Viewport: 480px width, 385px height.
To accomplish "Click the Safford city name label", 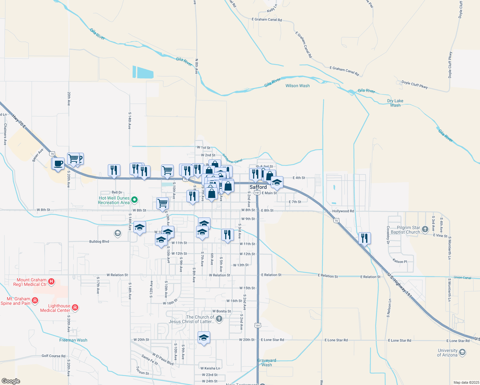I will pyautogui.click(x=258, y=187).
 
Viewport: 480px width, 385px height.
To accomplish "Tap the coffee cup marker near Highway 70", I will pyautogui.click(x=58, y=164).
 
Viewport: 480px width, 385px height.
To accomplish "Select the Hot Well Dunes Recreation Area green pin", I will pyautogui.click(x=135, y=200).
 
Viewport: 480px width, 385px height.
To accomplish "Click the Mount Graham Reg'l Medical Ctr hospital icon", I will pyautogui.click(x=51, y=282).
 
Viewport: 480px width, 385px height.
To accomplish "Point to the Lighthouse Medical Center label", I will pyautogui.click(x=55, y=308).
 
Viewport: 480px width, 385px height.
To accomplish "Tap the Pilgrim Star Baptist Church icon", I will pyautogui.click(x=425, y=229).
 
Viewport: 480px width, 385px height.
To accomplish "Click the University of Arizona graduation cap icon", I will pyautogui.click(x=462, y=353).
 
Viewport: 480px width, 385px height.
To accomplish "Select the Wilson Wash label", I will pyautogui.click(x=297, y=86).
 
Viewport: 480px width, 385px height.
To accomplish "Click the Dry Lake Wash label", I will pyautogui.click(x=395, y=103).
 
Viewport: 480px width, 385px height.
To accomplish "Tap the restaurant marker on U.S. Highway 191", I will pyautogui.click(x=364, y=238).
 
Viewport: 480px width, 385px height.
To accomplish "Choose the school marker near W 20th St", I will pyautogui.click(x=204, y=338).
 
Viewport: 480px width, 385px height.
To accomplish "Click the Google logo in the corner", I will pyautogui.click(x=11, y=381).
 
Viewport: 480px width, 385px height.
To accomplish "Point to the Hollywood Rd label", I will pyautogui.click(x=343, y=211).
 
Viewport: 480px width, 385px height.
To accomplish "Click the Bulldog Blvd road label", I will pyautogui.click(x=99, y=242).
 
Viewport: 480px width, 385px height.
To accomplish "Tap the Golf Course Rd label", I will pyautogui.click(x=53, y=356).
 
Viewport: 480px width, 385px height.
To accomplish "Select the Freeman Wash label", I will pyautogui.click(x=73, y=340).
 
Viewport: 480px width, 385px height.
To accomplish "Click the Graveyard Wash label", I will pyautogui.click(x=267, y=363).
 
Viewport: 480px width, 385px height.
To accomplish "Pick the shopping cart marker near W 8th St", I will pyautogui.click(x=162, y=203).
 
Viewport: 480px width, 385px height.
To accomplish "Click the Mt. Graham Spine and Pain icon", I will pyautogui.click(x=35, y=301).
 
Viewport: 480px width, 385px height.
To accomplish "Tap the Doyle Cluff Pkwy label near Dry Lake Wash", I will pyautogui.click(x=415, y=84).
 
